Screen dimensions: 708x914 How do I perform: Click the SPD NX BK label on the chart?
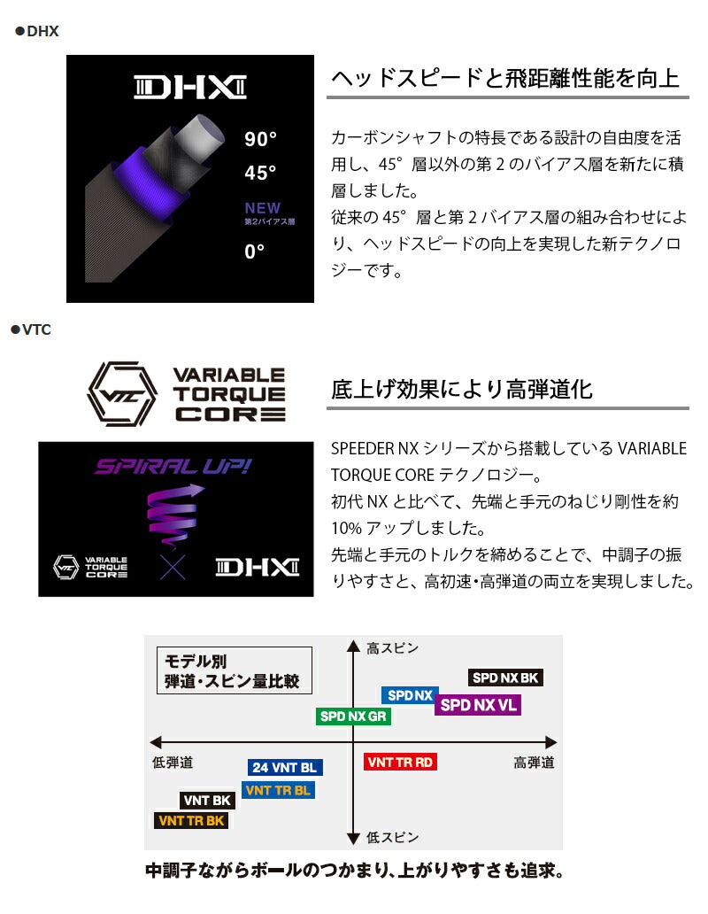[505, 678]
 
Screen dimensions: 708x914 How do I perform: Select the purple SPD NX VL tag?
[478, 705]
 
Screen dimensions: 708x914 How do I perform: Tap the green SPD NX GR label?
[353, 716]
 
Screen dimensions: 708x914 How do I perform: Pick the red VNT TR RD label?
[400, 762]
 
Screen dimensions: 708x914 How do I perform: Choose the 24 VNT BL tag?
[285, 768]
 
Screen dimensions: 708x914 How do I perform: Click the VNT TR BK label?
[191, 821]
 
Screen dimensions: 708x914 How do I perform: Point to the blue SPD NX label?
[410, 695]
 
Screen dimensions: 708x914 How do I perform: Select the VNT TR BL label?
[278, 790]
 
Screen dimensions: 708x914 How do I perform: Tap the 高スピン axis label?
[392, 648]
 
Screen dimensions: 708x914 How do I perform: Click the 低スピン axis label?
[392, 837]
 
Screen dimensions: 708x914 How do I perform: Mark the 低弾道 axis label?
[173, 763]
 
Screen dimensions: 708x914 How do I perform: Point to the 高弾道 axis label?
[534, 763]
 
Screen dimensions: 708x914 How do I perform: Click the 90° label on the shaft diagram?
[260, 139]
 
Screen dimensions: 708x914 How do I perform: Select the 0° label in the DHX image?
[255, 252]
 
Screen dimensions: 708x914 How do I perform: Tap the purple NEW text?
[263, 207]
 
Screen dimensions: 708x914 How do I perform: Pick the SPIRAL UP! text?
[173, 467]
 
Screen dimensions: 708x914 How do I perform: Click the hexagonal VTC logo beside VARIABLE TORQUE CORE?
[122, 393]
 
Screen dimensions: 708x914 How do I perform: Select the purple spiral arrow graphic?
[173, 515]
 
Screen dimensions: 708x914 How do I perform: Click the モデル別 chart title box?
[234, 670]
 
